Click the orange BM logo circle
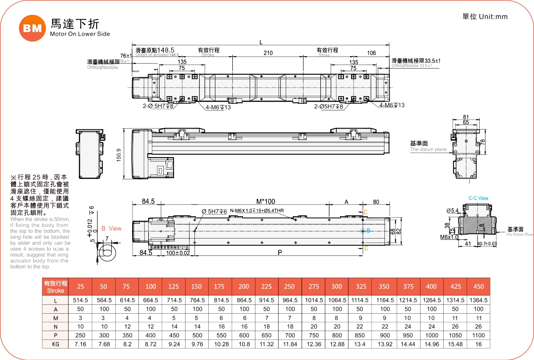[x=32, y=28]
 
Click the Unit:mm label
[x=485, y=17]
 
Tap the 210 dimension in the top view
[x=267, y=53]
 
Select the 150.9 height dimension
[x=118, y=155]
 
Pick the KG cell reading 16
[x=479, y=344]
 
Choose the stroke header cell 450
[x=479, y=287]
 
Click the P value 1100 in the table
[x=479, y=336]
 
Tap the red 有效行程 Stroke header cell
[x=56, y=287]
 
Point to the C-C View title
[x=478, y=198]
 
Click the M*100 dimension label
[x=265, y=201]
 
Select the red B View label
[x=111, y=228]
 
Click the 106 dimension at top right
[x=371, y=53]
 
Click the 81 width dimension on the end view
[x=466, y=117]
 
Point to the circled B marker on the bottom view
[x=362, y=231]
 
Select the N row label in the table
[x=56, y=326]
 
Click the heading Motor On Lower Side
[x=80, y=34]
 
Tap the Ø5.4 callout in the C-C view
[x=452, y=210]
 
